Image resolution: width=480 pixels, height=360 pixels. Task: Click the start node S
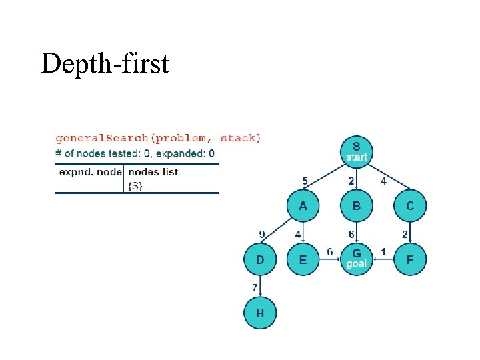(x=356, y=151)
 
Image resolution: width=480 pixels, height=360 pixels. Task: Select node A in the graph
(x=303, y=206)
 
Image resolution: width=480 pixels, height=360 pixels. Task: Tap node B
(x=357, y=206)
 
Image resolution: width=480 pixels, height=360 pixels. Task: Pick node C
(x=409, y=206)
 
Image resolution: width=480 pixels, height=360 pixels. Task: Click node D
(x=260, y=259)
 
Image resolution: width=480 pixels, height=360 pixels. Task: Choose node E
(x=303, y=259)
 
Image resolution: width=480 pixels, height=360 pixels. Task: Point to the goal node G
(x=357, y=259)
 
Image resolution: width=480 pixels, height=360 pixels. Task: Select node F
(x=409, y=259)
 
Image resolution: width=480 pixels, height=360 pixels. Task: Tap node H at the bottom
(x=260, y=313)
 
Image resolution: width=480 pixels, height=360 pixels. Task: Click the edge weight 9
(x=263, y=233)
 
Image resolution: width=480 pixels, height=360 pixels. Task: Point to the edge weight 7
(x=254, y=287)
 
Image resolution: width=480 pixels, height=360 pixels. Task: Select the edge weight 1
(x=383, y=251)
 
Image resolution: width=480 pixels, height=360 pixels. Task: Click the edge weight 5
(x=305, y=180)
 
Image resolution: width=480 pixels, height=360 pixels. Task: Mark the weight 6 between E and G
(x=330, y=251)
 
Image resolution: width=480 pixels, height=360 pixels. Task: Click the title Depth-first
(x=105, y=64)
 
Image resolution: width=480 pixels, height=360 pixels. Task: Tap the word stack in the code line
(x=237, y=139)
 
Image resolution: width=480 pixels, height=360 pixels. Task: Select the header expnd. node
(x=90, y=172)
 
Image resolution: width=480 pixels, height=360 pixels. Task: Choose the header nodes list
(x=153, y=172)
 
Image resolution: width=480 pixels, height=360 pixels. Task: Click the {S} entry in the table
(x=135, y=186)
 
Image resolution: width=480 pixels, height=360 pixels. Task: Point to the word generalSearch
(x=102, y=139)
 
